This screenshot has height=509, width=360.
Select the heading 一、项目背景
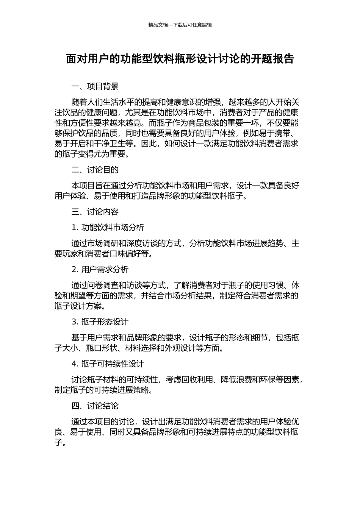pyautogui.click(x=95, y=86)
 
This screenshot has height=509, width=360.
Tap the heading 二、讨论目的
pyautogui.click(x=95, y=170)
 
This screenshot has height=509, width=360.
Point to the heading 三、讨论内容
pyautogui.click(x=95, y=212)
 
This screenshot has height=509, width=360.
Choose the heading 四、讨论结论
pyautogui.click(x=95, y=406)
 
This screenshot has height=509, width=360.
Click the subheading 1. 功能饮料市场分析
pyautogui.click(x=108, y=228)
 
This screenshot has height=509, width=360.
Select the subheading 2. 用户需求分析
pyautogui.click(x=100, y=270)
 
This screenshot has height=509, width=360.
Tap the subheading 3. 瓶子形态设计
pyautogui.click(x=100, y=322)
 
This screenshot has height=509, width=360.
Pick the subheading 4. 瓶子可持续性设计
pyautogui.click(x=108, y=364)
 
